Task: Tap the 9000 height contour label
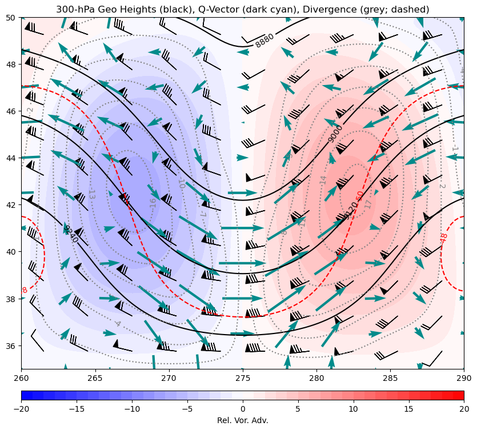(x=335, y=134)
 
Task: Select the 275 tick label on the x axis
(x=243, y=377)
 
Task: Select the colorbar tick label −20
(x=21, y=409)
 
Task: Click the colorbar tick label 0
(x=243, y=409)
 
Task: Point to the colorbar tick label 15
(x=408, y=409)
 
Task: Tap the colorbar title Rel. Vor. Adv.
(x=243, y=420)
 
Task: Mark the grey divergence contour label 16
(x=153, y=203)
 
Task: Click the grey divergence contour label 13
(x=91, y=194)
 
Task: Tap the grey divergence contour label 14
(x=323, y=179)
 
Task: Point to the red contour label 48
(x=444, y=238)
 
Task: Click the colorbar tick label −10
(x=132, y=409)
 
